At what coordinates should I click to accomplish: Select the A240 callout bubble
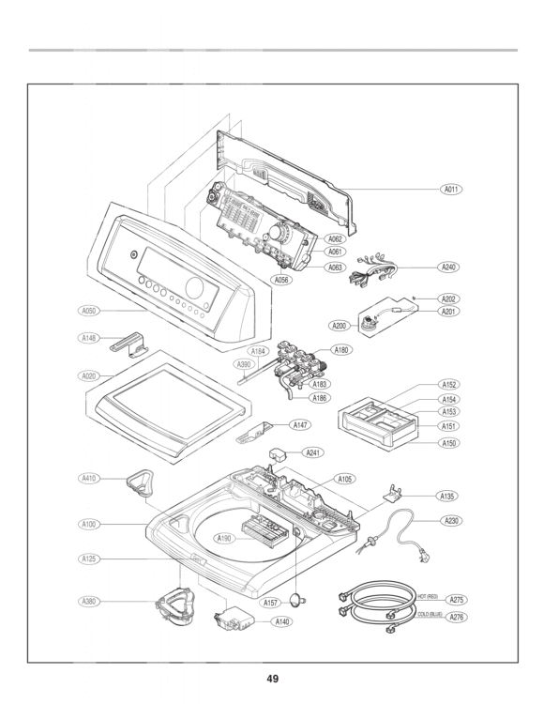(449, 268)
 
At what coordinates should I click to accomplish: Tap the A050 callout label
(89, 310)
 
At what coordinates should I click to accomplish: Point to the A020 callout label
(89, 375)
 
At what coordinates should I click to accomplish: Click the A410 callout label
(89, 478)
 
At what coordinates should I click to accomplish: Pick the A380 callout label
(89, 600)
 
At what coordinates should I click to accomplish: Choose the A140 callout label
(281, 622)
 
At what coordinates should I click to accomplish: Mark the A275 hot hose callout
(456, 600)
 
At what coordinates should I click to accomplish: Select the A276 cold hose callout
(456, 618)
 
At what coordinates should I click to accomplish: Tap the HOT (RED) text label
(427, 597)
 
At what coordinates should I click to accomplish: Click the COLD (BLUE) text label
(429, 614)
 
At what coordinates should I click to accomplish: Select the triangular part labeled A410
(140, 484)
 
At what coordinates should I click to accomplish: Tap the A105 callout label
(345, 479)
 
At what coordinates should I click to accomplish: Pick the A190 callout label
(224, 539)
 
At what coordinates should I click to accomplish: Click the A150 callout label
(449, 442)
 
